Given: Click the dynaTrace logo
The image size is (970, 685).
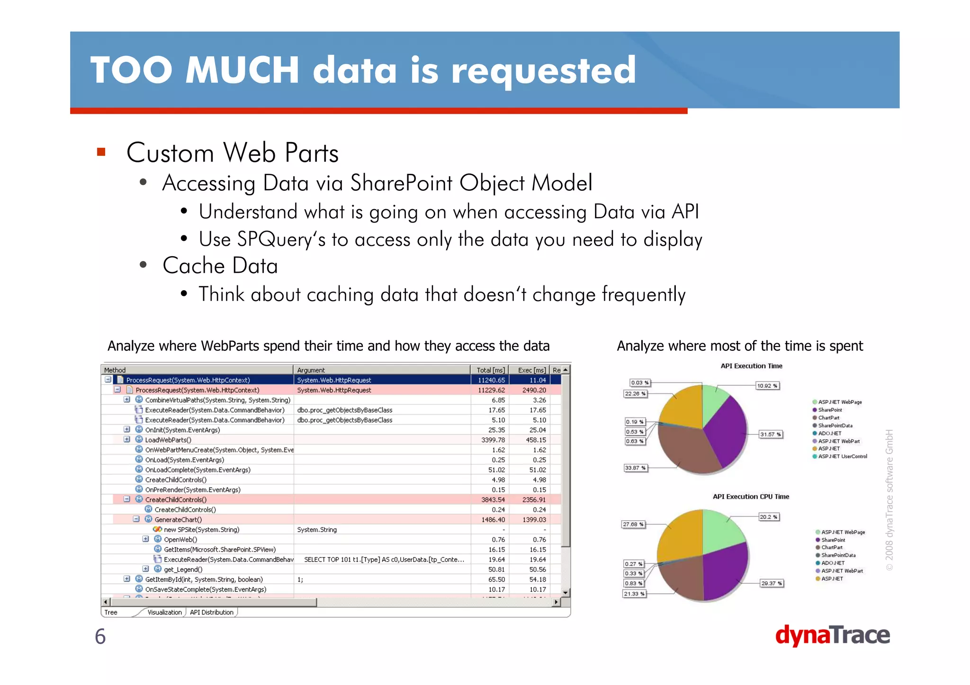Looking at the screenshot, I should click(832, 635).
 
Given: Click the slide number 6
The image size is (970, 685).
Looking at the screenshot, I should click(100, 636).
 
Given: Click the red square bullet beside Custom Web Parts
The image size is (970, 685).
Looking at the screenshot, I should click(101, 152).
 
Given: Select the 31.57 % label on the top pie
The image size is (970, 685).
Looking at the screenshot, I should click(770, 434).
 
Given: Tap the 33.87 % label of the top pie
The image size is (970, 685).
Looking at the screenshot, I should click(635, 468).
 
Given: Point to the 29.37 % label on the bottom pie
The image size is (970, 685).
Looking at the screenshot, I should click(771, 583).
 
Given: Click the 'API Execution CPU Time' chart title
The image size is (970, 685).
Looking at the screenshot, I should click(751, 497).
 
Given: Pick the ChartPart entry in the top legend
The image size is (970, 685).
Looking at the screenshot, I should click(828, 418).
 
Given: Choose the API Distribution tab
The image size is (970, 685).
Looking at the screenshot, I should click(211, 612).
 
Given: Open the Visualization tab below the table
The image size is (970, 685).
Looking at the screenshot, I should click(164, 612).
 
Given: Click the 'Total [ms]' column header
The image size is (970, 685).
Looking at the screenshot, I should click(490, 370).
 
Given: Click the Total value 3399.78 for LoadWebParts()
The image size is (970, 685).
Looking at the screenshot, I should click(493, 440).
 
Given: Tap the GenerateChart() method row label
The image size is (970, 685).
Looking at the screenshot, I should click(178, 519).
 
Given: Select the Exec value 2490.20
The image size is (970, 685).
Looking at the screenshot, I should click(534, 390).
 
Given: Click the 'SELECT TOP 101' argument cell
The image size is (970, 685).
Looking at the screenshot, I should click(384, 560).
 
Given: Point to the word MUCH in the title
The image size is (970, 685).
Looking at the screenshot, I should click(242, 70).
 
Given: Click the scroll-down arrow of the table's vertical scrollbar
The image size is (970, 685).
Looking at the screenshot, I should click(565, 593).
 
